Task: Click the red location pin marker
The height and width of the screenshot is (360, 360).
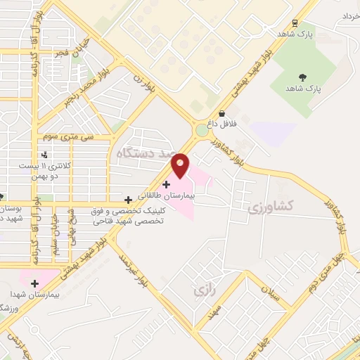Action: point(181,165)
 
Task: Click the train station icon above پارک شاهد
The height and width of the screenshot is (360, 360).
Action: point(294,22)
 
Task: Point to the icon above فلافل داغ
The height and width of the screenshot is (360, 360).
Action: point(221,113)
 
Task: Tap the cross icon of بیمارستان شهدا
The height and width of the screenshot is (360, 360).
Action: point(34,283)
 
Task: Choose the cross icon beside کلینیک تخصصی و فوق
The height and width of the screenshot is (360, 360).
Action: point(127,200)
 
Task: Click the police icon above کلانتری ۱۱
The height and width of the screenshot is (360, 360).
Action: point(46,155)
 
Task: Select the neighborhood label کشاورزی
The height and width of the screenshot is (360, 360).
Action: point(269,207)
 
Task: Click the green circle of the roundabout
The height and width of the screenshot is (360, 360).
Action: point(202,130)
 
